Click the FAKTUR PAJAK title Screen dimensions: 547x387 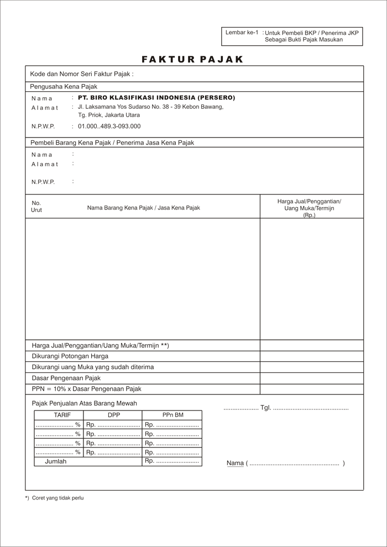coord(192,59)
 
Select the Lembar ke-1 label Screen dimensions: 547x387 coord(242,33)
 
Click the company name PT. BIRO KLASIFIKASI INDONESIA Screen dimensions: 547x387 coord(156,98)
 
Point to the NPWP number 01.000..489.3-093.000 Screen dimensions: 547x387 coord(109,127)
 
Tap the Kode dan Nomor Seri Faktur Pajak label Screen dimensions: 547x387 coord(82,74)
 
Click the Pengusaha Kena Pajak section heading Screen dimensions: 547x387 coord(64,87)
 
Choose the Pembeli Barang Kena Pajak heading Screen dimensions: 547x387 coord(112,143)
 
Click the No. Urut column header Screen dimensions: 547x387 coord(36,206)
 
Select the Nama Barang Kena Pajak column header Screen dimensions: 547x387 coord(143,208)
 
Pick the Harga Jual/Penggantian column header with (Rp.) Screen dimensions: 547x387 coord(309,208)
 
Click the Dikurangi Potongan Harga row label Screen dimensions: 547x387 coord(70,356)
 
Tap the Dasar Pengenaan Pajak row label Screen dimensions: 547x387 coord(66,378)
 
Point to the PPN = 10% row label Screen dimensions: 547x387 coord(86,389)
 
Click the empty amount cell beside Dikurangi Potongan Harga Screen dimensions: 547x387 coord(312,356)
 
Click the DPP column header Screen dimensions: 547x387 coord(114,415)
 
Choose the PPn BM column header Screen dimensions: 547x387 coord(172,415)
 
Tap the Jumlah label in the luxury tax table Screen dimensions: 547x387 coord(55,461)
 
